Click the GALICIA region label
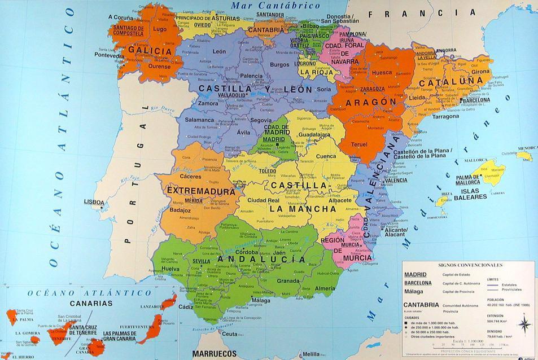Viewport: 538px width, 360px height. pos(150,51)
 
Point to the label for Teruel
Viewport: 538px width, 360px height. pos(359,144)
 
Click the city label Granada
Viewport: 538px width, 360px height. pos(288,280)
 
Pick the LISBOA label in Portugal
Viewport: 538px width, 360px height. pos(94,201)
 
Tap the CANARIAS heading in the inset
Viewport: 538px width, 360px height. pos(91,303)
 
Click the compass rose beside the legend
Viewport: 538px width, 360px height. pos(524,324)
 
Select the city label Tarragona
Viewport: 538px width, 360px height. pos(446,116)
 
